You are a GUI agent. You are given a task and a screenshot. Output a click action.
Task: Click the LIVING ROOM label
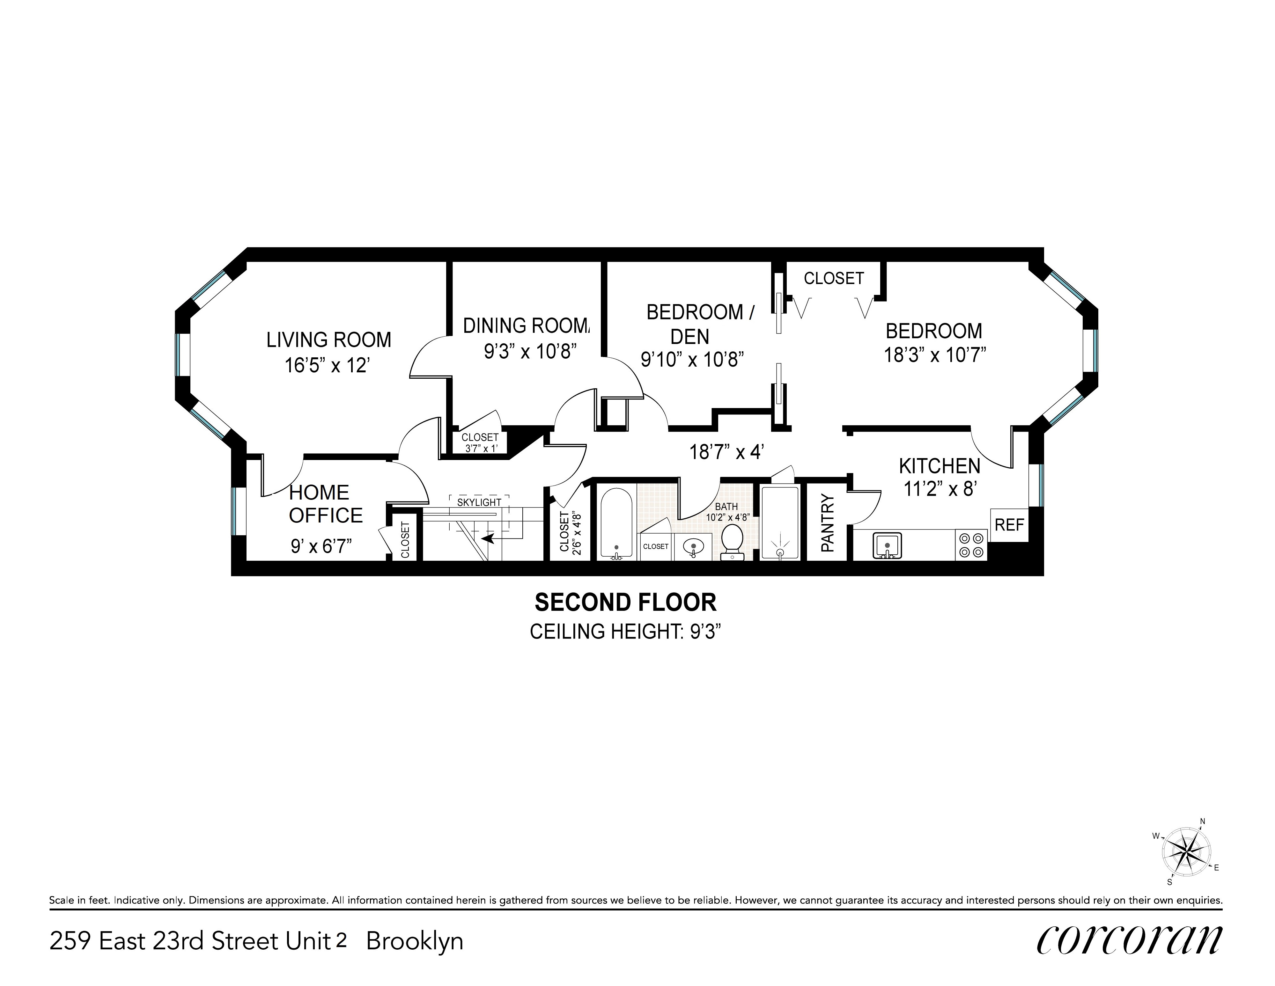click(x=329, y=340)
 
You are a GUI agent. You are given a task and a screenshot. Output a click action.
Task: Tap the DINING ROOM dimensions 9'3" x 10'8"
click(x=530, y=352)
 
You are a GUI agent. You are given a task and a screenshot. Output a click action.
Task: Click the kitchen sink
click(x=887, y=545)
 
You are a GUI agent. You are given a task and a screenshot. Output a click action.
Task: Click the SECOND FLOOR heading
click(x=625, y=602)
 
